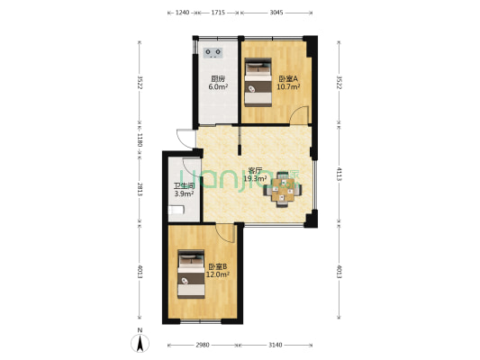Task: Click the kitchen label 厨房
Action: pyautogui.click(x=218, y=78)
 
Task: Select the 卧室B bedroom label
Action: pyautogui.click(x=217, y=266)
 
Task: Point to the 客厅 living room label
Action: pyautogui.click(x=255, y=170)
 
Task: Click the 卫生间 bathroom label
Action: pyautogui.click(x=183, y=186)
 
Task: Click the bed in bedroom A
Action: pyautogui.click(x=259, y=82)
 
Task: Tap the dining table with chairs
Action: pyautogui.click(x=284, y=189)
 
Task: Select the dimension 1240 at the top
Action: pyautogui.click(x=183, y=13)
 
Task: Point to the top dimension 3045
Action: pyautogui.click(x=276, y=13)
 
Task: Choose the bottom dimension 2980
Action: pyautogui.click(x=203, y=346)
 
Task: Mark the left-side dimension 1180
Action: pyautogui.click(x=140, y=140)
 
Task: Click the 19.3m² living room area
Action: pyautogui.click(x=255, y=178)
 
